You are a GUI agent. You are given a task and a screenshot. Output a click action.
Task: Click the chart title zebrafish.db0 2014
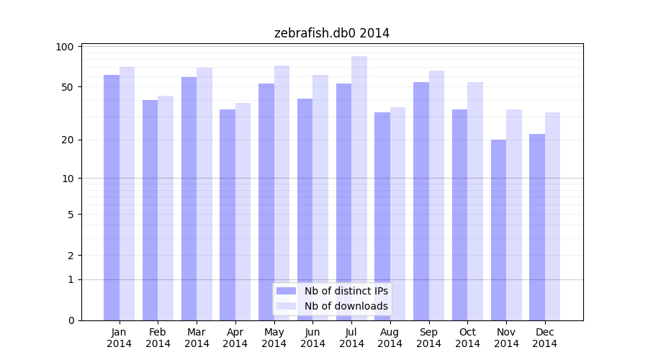click(x=332, y=33)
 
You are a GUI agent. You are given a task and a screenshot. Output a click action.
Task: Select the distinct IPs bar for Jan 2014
click(x=112, y=197)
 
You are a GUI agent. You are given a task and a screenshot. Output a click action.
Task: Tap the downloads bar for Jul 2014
click(x=359, y=188)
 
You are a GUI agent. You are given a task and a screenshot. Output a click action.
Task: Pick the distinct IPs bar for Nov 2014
click(x=498, y=230)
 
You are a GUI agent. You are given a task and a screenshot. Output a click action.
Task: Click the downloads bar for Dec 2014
click(x=552, y=216)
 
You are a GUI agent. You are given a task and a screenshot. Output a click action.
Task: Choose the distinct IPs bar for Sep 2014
click(x=421, y=201)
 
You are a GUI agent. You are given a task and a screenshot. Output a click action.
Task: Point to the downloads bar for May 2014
click(x=282, y=193)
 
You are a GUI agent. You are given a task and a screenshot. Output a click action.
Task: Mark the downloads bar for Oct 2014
click(x=475, y=201)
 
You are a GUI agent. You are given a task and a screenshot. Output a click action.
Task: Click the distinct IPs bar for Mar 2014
click(x=189, y=199)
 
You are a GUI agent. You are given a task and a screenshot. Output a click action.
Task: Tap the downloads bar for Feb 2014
click(x=166, y=208)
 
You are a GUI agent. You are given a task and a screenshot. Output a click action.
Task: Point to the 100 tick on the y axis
click(x=65, y=47)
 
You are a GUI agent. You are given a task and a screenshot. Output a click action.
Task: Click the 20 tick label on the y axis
click(x=68, y=140)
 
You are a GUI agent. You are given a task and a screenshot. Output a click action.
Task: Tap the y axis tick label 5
click(x=71, y=215)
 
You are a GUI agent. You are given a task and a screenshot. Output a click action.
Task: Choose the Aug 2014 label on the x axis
click(x=390, y=338)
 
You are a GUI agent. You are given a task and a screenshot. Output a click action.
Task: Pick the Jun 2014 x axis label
click(x=312, y=338)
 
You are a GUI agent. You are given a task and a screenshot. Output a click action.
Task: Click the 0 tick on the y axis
click(x=71, y=320)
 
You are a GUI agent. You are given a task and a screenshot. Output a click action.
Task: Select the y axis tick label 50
click(x=68, y=87)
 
